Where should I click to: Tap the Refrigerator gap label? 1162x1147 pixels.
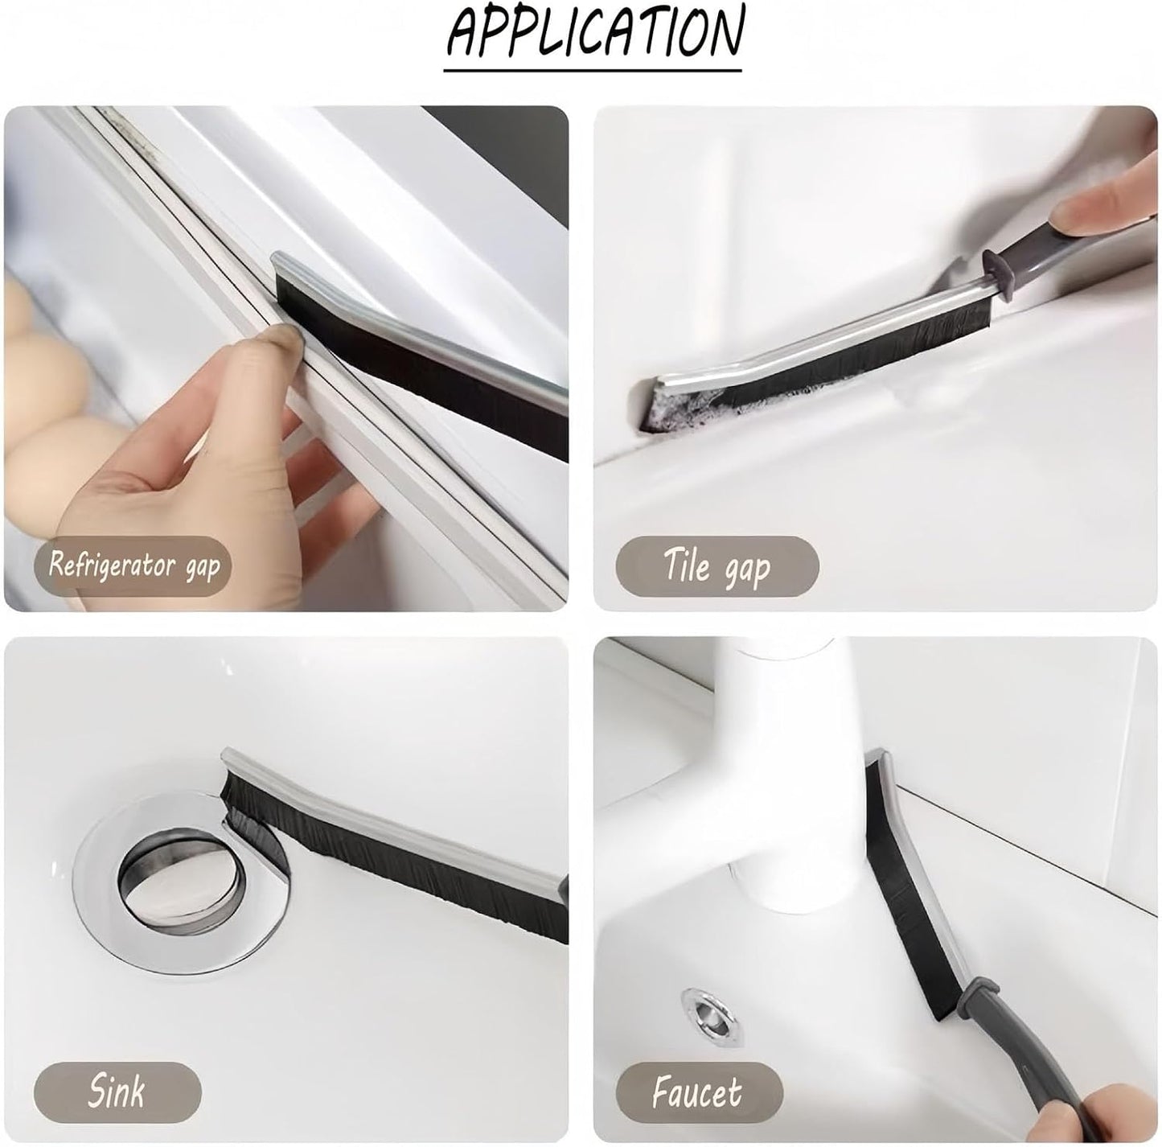[133, 566]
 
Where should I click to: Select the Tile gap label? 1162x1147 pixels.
[717, 566]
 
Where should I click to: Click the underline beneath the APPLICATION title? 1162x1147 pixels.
[593, 71]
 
